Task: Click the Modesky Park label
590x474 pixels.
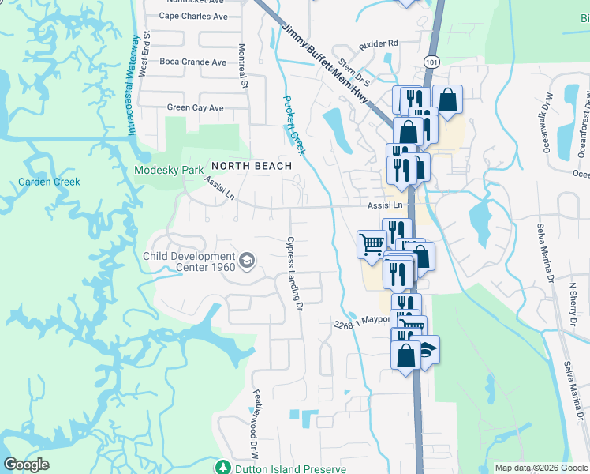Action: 169,169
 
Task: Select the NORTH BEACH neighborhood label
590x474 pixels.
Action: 250,166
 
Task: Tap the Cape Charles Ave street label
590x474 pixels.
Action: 192,16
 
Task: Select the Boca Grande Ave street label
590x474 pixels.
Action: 192,62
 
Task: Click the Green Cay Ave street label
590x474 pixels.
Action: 195,108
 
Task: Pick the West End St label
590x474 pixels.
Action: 145,55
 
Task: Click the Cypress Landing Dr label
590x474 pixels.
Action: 294,273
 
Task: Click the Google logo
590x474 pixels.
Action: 26,465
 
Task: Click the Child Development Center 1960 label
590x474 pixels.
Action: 189,262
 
